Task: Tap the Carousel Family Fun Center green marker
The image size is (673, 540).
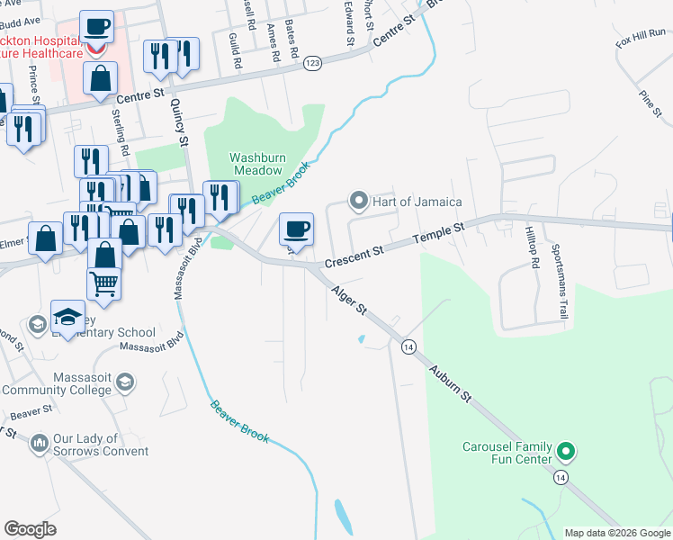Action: point(566,449)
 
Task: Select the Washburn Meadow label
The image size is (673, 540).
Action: point(257,162)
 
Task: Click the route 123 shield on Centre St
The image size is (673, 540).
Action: point(312,62)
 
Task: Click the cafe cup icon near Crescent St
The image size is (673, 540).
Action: point(295,229)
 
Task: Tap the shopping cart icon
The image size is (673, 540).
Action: point(104,283)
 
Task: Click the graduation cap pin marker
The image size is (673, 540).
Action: point(67,316)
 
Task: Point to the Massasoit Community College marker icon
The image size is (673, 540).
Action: point(125,382)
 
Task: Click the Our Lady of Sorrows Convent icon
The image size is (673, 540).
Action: point(39,443)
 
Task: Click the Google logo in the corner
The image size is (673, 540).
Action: point(31,529)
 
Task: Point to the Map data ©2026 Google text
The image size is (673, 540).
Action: point(616,533)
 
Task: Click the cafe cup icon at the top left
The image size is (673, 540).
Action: point(96,26)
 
